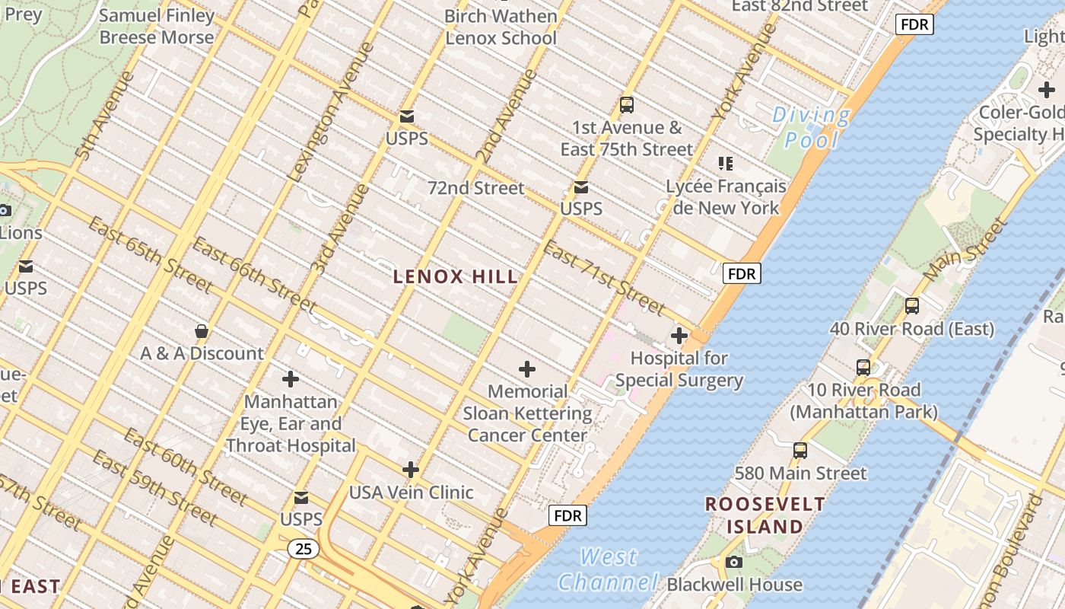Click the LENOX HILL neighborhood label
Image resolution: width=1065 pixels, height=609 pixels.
click(456, 277)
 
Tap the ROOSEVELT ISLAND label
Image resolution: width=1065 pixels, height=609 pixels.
click(765, 515)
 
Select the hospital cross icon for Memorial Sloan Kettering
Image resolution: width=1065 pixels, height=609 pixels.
click(526, 370)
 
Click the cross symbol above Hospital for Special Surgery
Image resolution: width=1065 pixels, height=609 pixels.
click(679, 336)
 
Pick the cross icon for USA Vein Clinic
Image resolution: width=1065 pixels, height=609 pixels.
click(411, 470)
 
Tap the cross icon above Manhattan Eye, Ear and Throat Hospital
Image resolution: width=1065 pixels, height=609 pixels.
click(291, 379)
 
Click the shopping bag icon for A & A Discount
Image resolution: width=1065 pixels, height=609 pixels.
click(202, 331)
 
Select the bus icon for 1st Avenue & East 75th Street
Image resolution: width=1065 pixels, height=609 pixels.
click(627, 105)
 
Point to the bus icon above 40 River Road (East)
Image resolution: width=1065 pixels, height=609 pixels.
click(911, 306)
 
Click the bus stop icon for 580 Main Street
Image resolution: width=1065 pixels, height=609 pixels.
click(800, 450)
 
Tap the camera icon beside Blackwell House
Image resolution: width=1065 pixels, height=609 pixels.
click(733, 563)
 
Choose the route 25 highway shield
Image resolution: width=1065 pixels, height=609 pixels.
click(303, 549)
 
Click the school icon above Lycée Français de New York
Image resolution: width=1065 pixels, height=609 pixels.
click(725, 163)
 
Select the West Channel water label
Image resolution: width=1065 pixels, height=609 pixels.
click(609, 569)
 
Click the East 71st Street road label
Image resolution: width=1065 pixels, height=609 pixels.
click(605, 279)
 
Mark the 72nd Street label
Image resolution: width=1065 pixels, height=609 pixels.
click(475, 188)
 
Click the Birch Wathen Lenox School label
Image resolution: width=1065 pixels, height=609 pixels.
click(501, 27)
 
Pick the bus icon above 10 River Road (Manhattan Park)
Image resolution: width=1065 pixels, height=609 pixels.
click(863, 367)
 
